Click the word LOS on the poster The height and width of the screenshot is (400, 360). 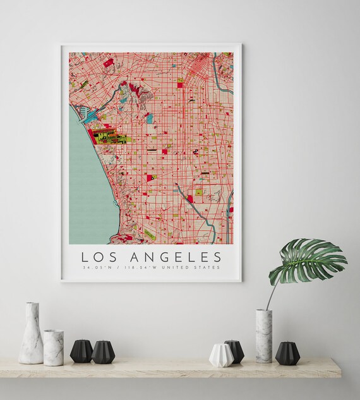[97, 257]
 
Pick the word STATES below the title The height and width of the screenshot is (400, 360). [207, 268]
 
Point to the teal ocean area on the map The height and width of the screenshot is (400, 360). [85, 183]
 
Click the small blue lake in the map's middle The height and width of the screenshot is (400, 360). [149, 118]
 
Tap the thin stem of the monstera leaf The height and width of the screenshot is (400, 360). [270, 297]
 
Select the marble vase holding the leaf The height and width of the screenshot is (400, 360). [263, 336]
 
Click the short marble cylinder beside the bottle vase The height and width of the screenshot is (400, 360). [53, 347]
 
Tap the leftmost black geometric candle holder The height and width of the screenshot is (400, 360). [81, 351]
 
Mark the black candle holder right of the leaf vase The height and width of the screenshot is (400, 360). [287, 353]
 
